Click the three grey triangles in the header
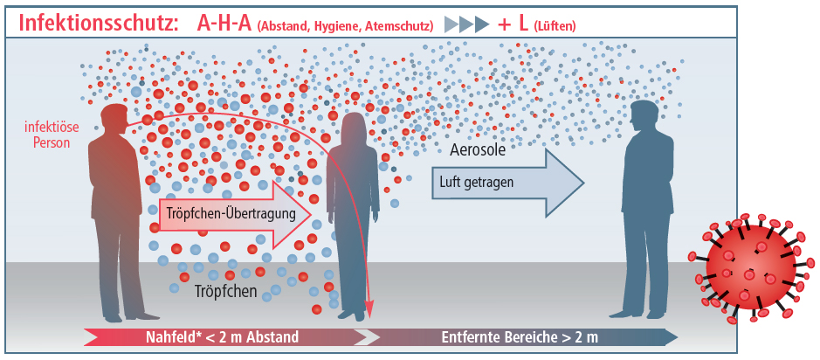point(466,24)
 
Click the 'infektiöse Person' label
point(54,135)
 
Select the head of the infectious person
point(115,118)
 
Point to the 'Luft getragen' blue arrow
point(506,183)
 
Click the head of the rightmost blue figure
point(644,116)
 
